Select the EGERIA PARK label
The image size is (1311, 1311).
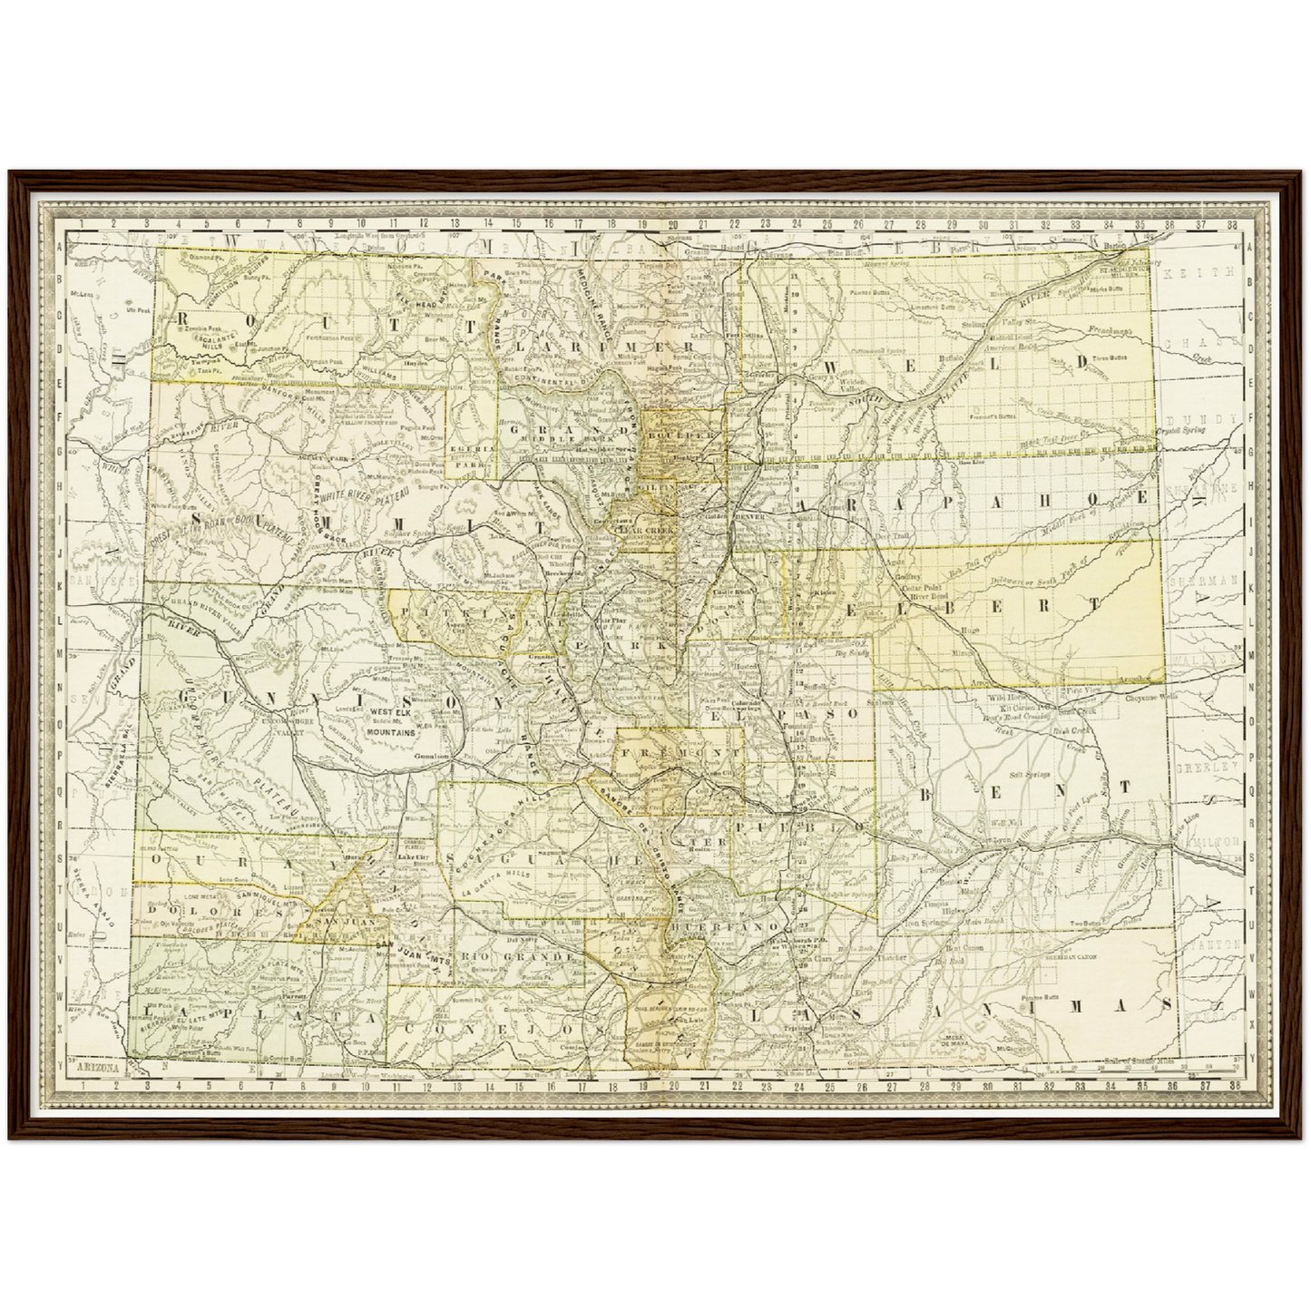point(472,457)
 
